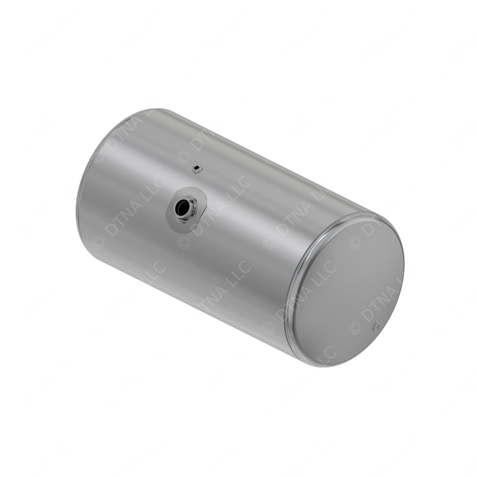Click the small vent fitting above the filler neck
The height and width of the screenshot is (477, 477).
[197, 168]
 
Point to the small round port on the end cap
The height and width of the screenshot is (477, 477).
[376, 327]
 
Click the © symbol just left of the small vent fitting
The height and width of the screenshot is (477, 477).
[183, 157]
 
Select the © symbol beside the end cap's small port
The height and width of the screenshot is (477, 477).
[354, 328]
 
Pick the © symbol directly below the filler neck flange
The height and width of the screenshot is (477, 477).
[184, 242]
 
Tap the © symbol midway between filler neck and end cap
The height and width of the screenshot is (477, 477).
[269, 242]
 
